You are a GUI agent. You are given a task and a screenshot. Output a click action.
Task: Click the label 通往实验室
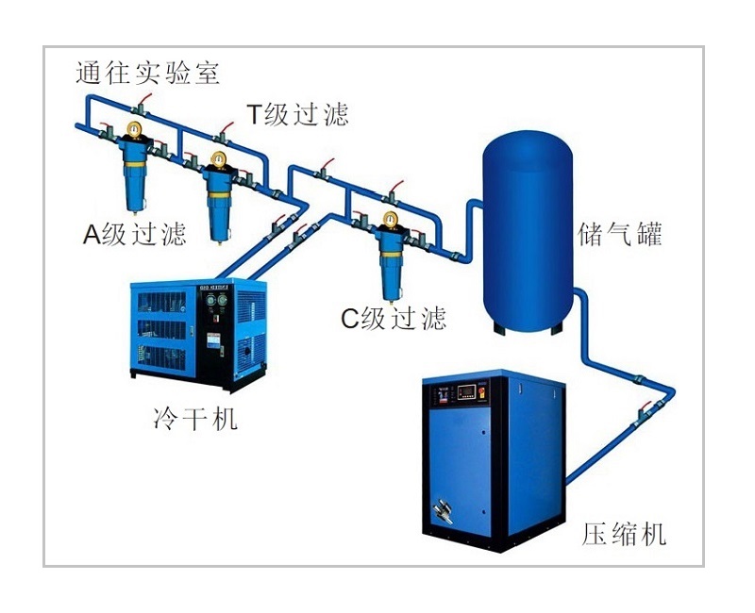(x=148, y=74)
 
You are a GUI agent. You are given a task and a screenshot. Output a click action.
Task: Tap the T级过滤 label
(x=297, y=114)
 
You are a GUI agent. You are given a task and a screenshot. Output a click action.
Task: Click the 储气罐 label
(x=620, y=234)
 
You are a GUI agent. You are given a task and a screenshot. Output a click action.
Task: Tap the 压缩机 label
(x=624, y=535)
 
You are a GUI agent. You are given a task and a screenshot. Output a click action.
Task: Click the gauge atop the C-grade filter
(x=388, y=221)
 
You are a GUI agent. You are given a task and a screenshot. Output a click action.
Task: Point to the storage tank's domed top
(x=528, y=151)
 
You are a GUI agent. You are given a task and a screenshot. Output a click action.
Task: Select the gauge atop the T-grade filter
(x=219, y=157)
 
